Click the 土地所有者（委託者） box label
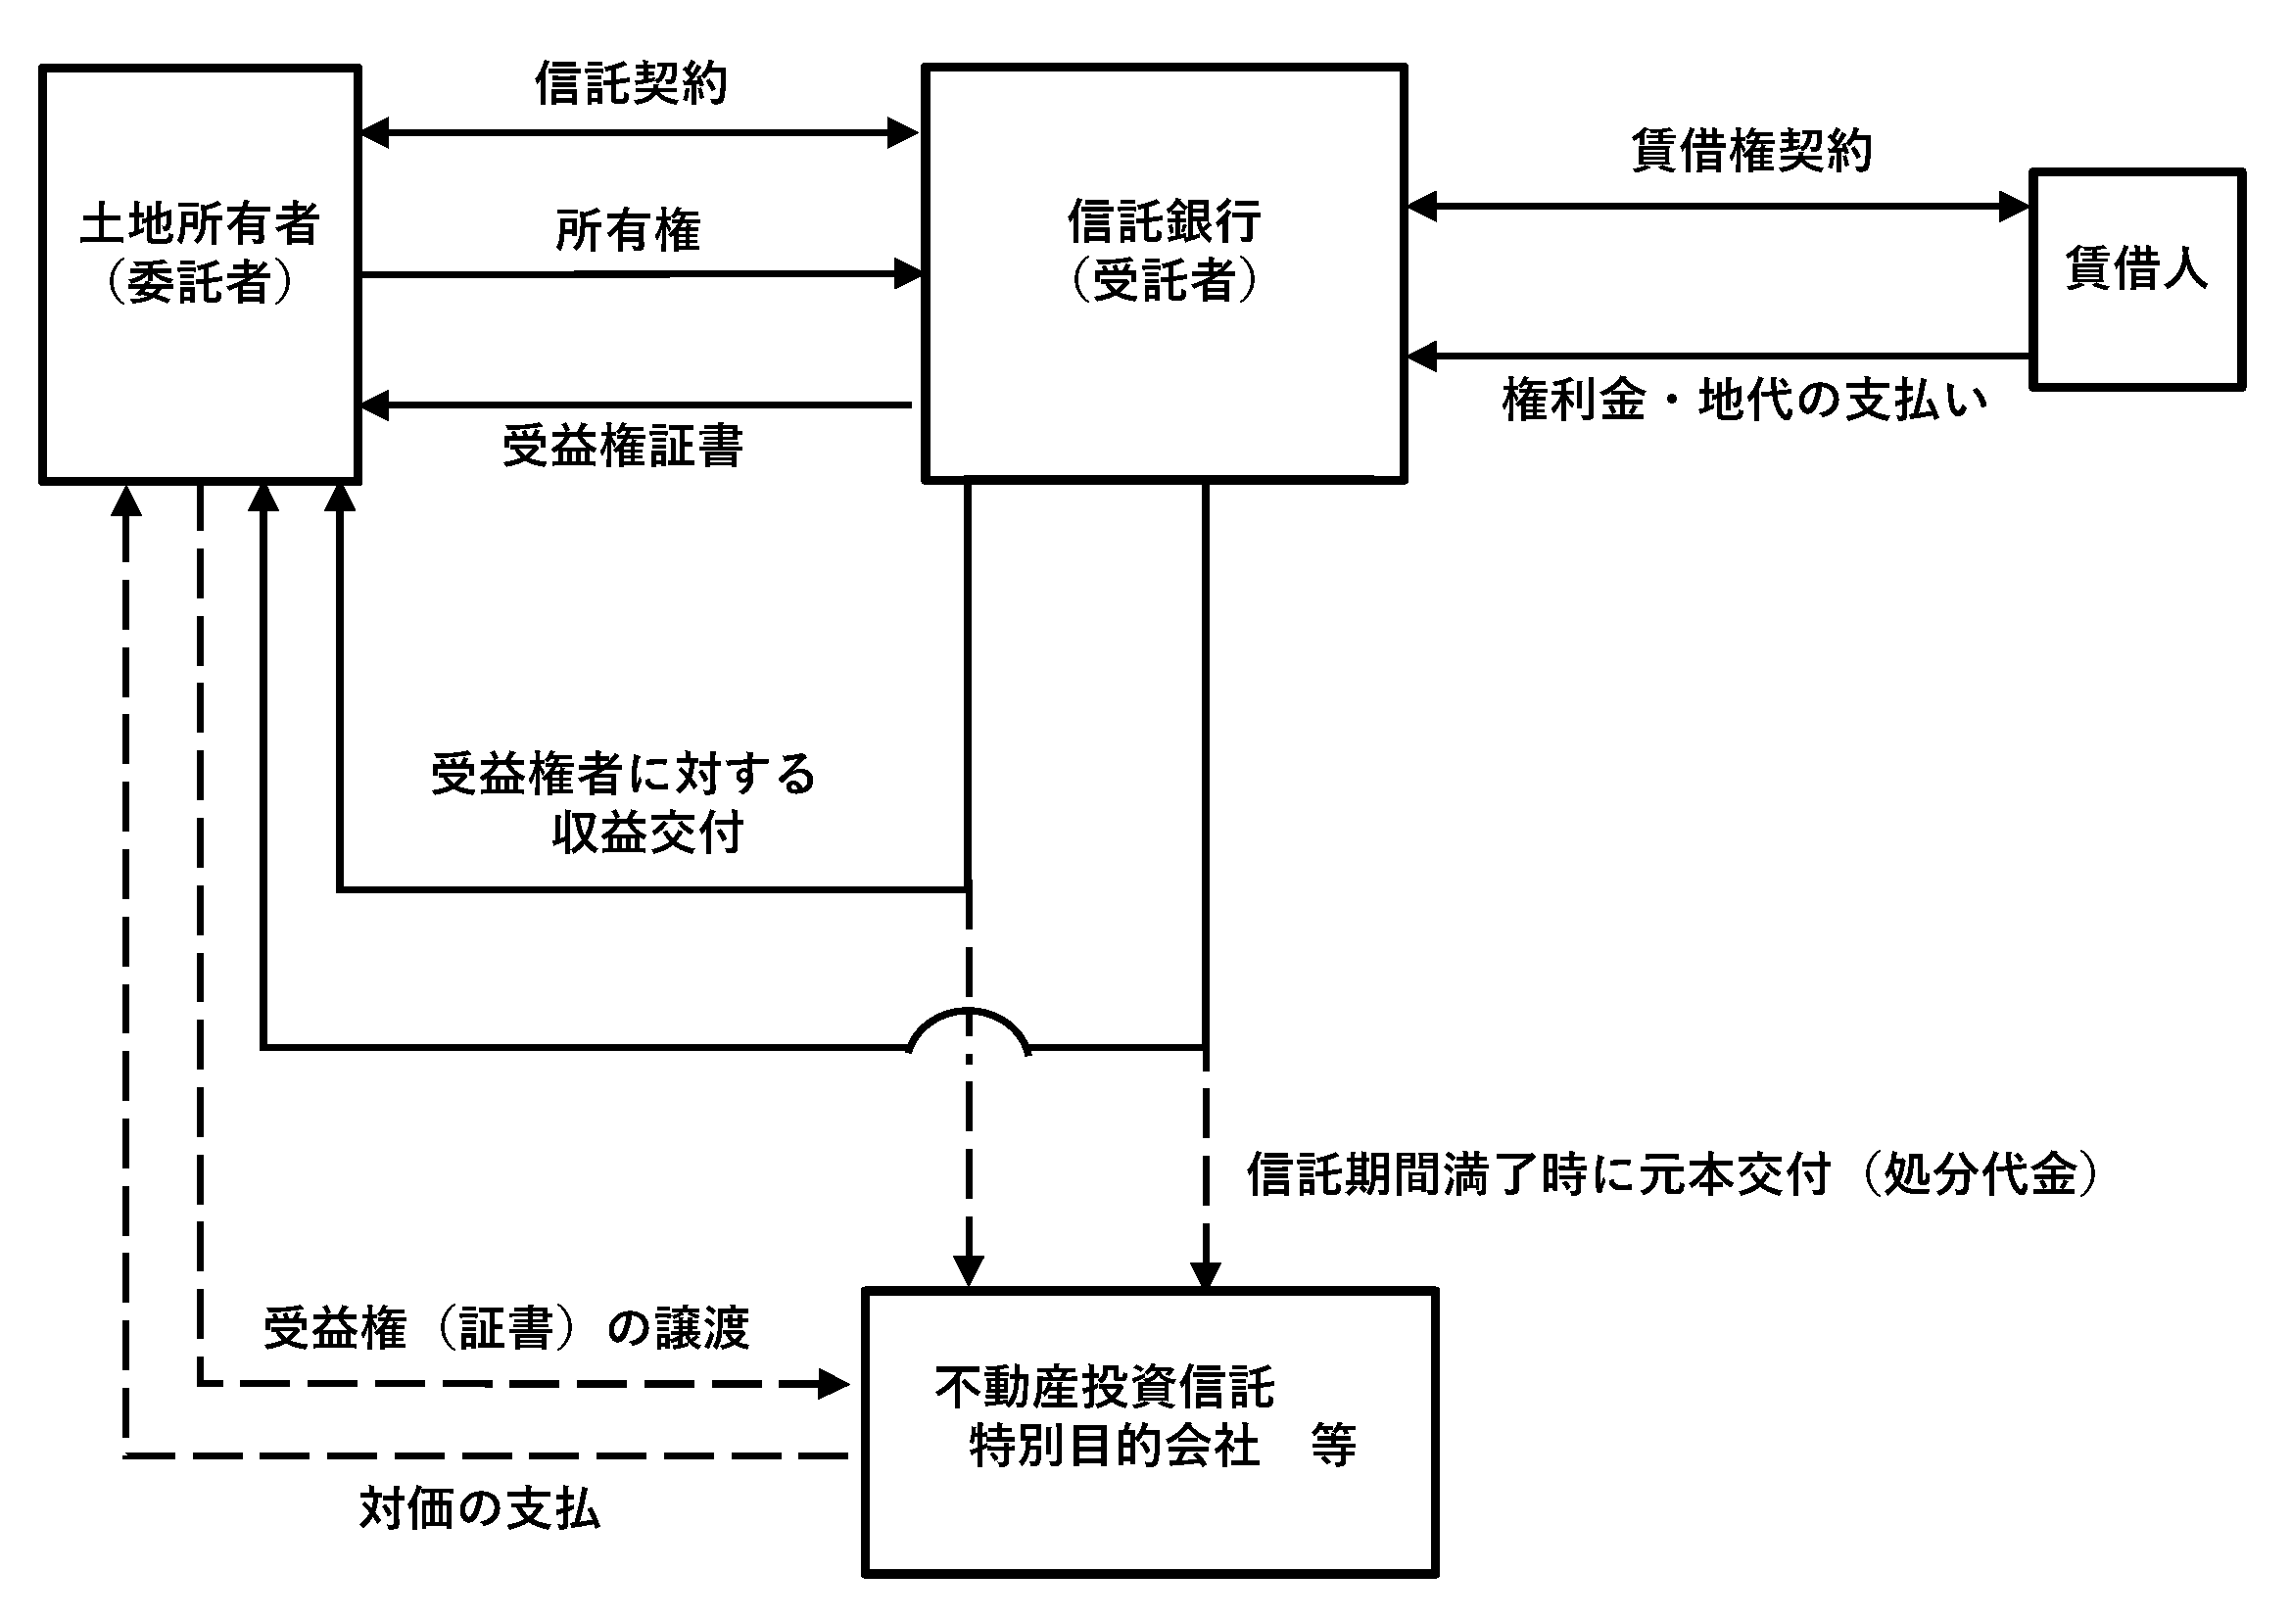[x=200, y=253]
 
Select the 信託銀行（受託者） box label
[x=1164, y=251]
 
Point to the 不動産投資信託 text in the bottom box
[x=1105, y=1387]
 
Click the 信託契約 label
[x=631, y=84]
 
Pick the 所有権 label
[x=628, y=231]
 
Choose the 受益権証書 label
[x=623, y=446]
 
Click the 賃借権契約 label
[x=1751, y=152]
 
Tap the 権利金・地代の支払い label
[x=1743, y=401]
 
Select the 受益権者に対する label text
[x=624, y=774]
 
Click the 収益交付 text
[x=647, y=833]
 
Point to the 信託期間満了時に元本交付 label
[x=1539, y=1174]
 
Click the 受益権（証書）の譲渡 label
[x=505, y=1329]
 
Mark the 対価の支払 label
[x=480, y=1509]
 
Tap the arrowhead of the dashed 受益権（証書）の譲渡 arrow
[x=835, y=1384]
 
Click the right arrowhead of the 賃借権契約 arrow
[x=2015, y=207]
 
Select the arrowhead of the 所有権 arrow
[x=908, y=273]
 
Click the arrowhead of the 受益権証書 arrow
[x=374, y=405]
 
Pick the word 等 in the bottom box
[x=1334, y=1446]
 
